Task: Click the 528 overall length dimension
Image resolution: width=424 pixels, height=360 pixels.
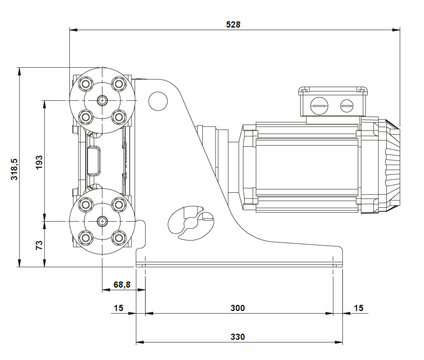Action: [x=233, y=24]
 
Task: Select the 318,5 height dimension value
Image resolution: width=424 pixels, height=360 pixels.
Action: [x=14, y=169]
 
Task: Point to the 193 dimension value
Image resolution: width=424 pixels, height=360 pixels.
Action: [x=39, y=162]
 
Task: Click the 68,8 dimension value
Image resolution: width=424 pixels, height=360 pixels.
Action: [x=122, y=285]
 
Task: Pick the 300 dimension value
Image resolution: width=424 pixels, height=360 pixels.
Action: [x=238, y=308]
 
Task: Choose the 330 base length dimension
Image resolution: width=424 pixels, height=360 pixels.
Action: [x=238, y=337]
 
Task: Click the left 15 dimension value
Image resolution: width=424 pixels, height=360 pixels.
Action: [x=118, y=308]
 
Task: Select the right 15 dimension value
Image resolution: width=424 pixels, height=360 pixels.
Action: [x=358, y=308]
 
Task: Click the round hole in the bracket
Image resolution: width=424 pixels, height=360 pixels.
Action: [x=158, y=101]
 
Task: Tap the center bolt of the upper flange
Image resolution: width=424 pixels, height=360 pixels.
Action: [x=102, y=100]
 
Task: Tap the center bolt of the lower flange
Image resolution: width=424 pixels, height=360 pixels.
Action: [x=102, y=221]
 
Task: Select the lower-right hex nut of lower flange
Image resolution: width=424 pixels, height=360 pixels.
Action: [x=119, y=237]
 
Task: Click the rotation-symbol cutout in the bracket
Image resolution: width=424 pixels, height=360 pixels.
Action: [x=190, y=222]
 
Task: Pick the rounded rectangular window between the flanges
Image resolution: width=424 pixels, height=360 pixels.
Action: [x=94, y=161]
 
